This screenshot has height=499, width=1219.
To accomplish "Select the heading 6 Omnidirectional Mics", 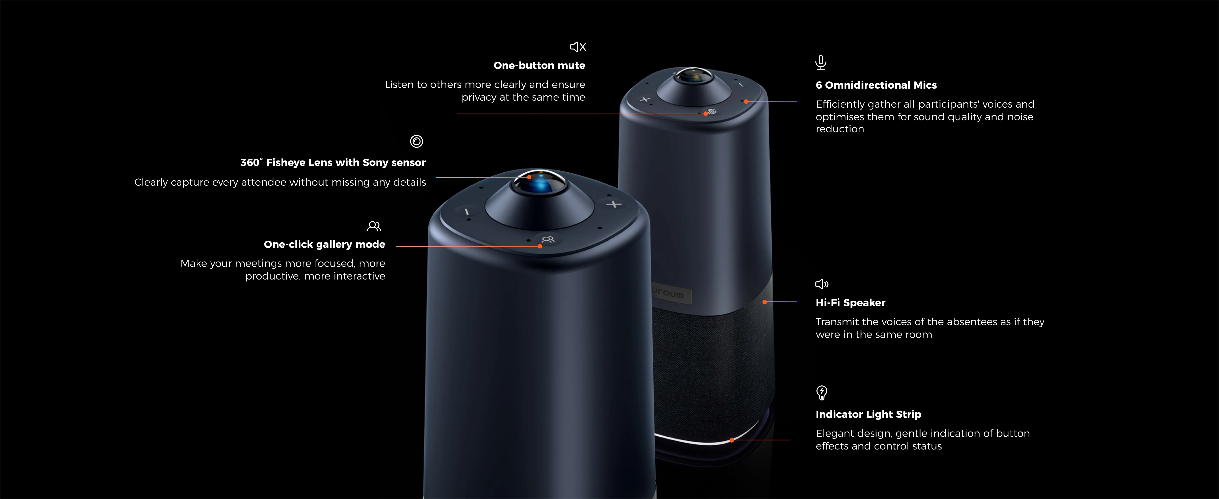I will pyautogui.click(x=876, y=85).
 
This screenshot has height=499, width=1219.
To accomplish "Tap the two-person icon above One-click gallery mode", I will pyautogui.click(x=374, y=226).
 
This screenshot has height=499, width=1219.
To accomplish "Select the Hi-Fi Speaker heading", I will pyautogui.click(x=850, y=303).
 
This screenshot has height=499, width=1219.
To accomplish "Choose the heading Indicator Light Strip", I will pyautogui.click(x=868, y=414).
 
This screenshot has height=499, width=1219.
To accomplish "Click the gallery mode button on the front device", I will pyautogui.click(x=548, y=239).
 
